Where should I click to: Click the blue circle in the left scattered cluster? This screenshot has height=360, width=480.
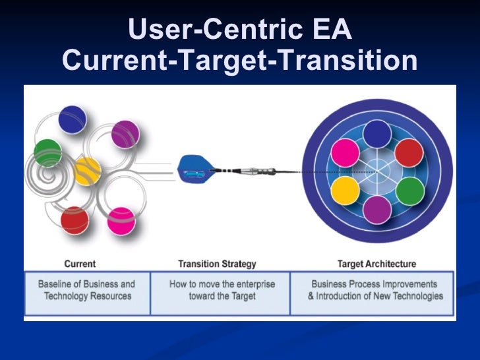click(73, 119)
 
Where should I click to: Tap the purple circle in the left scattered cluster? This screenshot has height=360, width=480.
click(125, 135)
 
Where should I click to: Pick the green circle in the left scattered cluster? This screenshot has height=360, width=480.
click(47, 153)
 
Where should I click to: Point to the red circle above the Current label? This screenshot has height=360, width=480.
click(75, 220)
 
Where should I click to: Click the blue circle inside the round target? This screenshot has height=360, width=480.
click(377, 134)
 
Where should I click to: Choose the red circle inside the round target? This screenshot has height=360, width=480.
click(409, 152)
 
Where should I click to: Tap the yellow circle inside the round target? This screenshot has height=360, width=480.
click(344, 191)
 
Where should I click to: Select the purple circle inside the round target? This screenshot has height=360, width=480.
click(377, 210)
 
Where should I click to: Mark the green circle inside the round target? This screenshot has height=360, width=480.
click(409, 191)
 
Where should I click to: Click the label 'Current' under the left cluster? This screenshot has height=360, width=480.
click(80, 264)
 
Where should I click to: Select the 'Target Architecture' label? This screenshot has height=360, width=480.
click(376, 264)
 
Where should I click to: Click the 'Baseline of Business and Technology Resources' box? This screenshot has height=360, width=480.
click(86, 291)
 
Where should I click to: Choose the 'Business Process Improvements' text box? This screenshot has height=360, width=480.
click(375, 291)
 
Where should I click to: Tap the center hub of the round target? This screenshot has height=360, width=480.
click(377, 172)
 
